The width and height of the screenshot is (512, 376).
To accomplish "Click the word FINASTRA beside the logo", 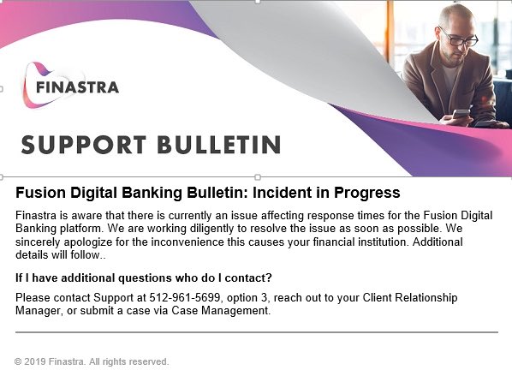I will (77, 87).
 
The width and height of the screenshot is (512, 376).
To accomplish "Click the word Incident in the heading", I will (278, 193).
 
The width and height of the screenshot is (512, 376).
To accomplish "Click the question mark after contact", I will (269, 278).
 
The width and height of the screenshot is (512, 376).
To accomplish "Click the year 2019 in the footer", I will (35, 361).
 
